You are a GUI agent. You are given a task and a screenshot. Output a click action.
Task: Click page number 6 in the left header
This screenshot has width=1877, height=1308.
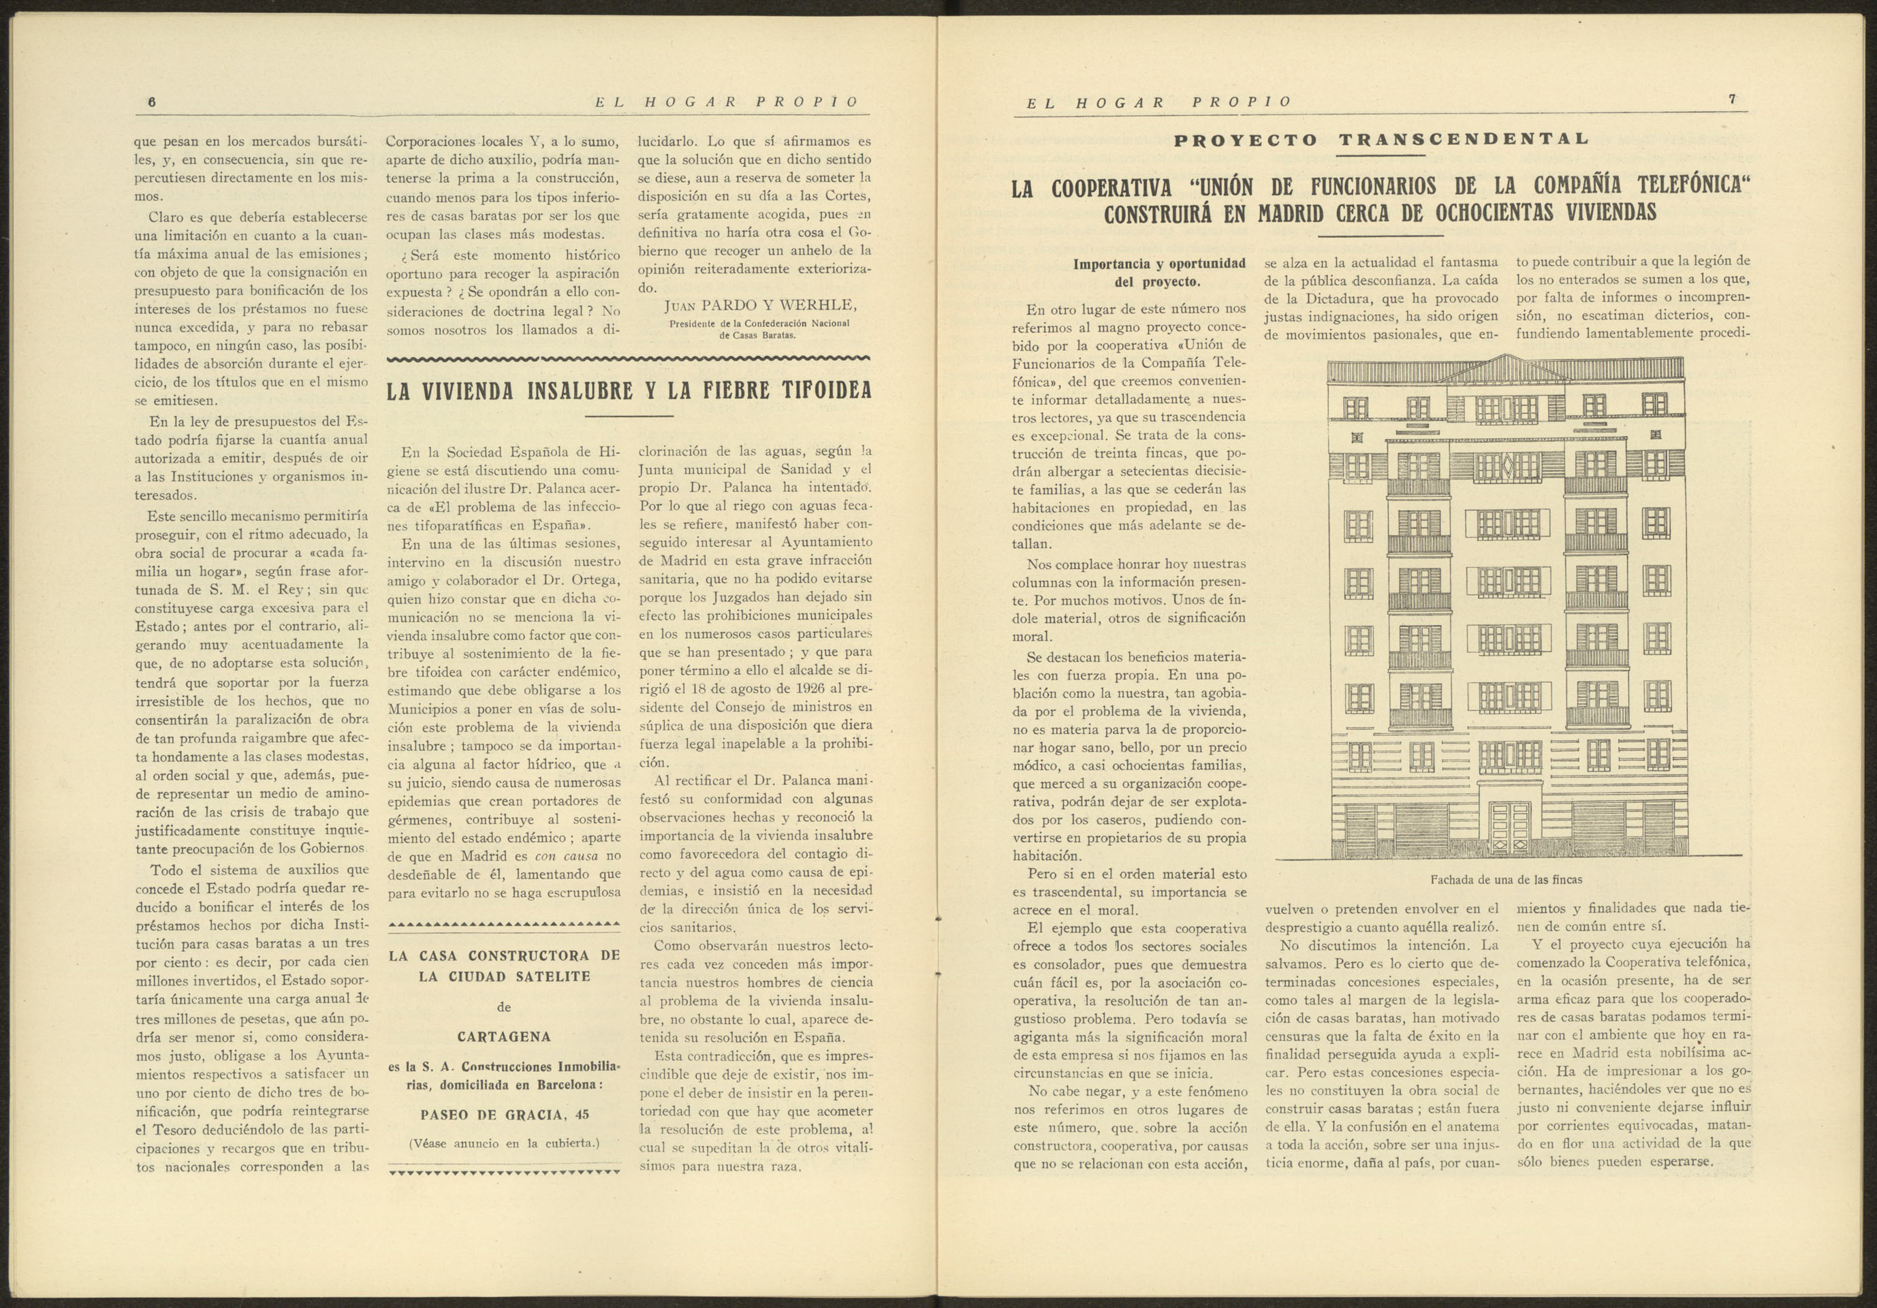151,102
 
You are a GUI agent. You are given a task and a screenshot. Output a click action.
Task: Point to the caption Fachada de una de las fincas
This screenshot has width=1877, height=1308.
1506,880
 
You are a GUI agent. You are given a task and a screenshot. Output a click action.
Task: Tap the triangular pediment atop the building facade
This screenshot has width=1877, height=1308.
1504,370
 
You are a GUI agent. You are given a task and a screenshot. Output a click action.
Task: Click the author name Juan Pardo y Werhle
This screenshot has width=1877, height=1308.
760,306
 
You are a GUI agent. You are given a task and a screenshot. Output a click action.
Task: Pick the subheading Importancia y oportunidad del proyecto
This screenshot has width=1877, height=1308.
1158,273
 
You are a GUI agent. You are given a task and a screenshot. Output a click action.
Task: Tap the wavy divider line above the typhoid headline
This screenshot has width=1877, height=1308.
628,358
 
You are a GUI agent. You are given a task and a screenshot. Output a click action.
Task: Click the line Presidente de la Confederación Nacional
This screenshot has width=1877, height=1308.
759,323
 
